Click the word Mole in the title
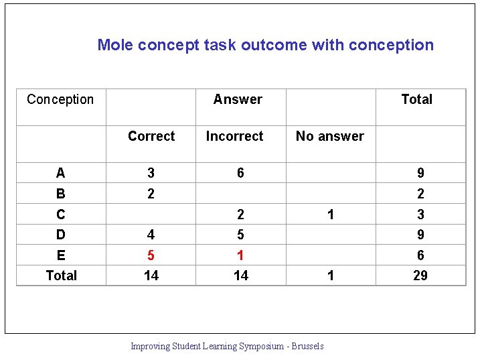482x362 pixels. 114,45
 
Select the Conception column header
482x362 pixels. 60,99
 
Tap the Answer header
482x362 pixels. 238,99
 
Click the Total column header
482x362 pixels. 416,99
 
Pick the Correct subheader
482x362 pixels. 151,136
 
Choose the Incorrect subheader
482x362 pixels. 234,136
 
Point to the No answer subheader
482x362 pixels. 330,136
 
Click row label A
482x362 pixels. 61,173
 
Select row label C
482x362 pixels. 61,215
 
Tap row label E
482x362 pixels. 61,255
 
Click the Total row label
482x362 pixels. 61,276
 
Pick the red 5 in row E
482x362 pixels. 151,255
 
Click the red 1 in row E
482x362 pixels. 240,255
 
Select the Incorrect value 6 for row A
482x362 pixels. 240,173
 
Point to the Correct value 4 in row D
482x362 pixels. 151,235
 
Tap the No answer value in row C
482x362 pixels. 330,215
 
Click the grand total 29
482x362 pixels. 420,276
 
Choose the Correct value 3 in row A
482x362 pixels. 151,173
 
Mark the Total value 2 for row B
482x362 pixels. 420,194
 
